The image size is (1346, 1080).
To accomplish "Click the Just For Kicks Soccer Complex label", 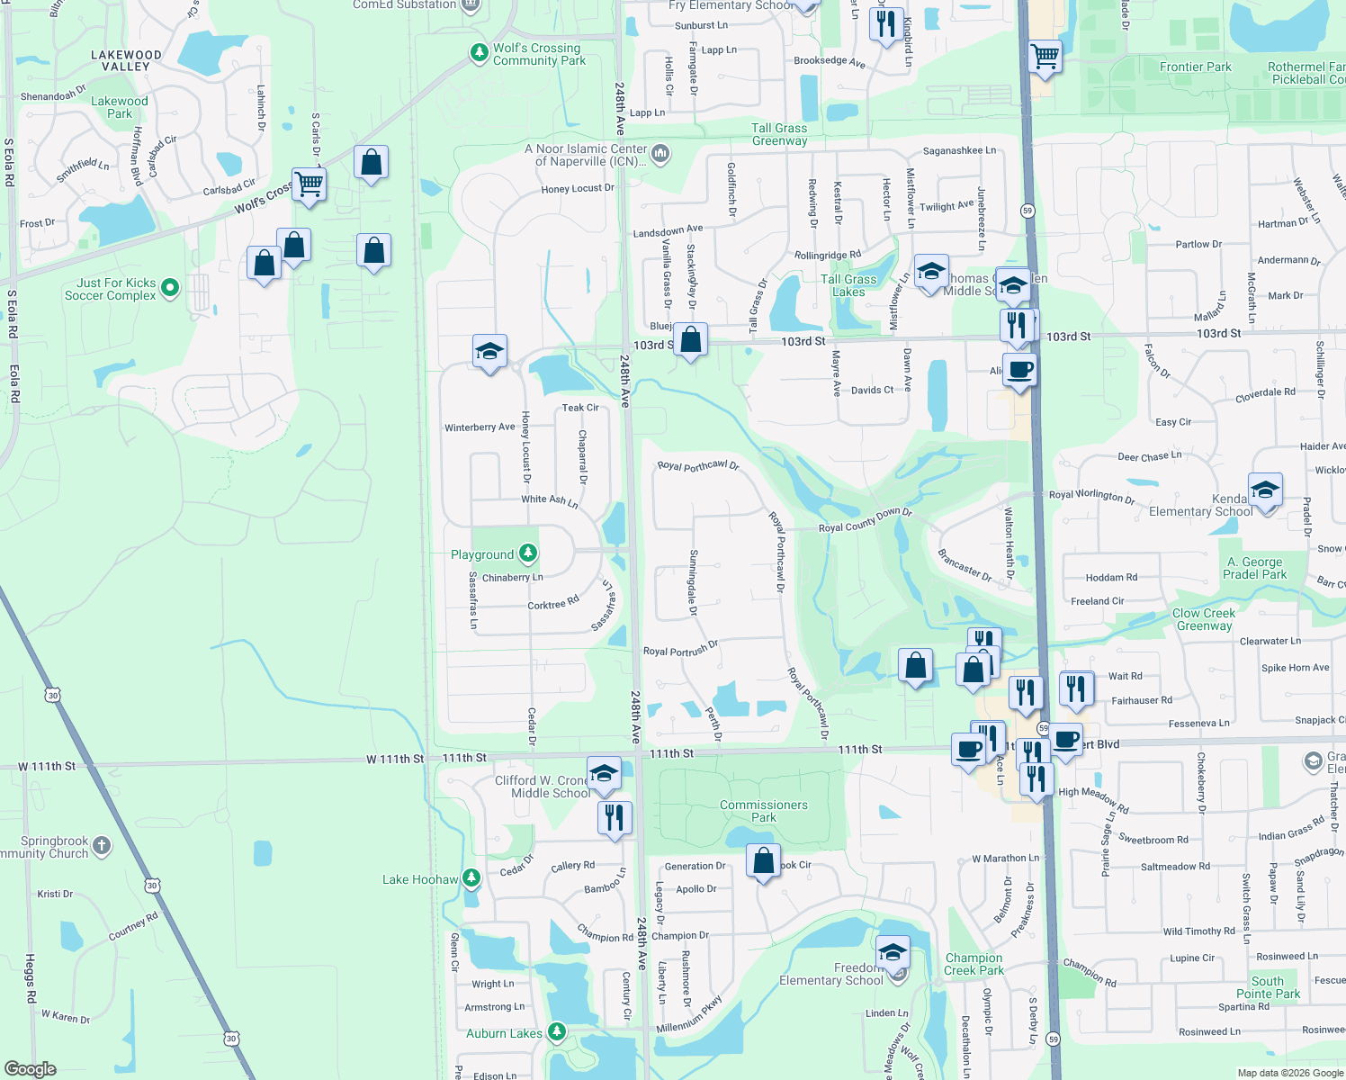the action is point(110,289).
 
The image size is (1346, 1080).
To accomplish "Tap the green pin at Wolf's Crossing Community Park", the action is point(480,54).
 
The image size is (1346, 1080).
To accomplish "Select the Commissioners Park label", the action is point(763,811).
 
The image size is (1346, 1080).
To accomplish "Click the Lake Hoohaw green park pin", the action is point(471,878).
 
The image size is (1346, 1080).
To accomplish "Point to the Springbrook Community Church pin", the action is point(102,845).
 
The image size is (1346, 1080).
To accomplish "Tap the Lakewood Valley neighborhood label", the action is point(126,60).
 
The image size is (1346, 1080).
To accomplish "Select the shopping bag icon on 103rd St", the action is point(691,341).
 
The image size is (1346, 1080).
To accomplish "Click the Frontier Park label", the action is point(1195,67).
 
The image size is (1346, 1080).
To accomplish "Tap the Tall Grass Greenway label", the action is point(779,134).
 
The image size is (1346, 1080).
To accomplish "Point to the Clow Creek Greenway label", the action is point(1204,619).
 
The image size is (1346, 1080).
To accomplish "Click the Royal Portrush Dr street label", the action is point(680,649).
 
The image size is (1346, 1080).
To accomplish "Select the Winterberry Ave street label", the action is point(480,427).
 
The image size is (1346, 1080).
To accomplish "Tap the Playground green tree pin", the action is point(528,553).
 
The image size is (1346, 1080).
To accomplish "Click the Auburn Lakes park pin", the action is point(557,1032).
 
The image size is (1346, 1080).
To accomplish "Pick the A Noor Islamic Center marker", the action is point(660,154).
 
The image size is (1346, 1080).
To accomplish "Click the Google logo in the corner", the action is point(30,1069).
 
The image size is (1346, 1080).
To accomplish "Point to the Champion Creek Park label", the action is point(974,964).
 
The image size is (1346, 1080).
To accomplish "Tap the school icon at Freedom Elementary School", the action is point(892,953).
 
